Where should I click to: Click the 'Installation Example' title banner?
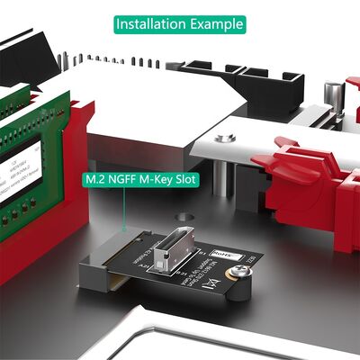tap(179, 23)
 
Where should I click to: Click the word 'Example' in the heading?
tap(211, 23)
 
